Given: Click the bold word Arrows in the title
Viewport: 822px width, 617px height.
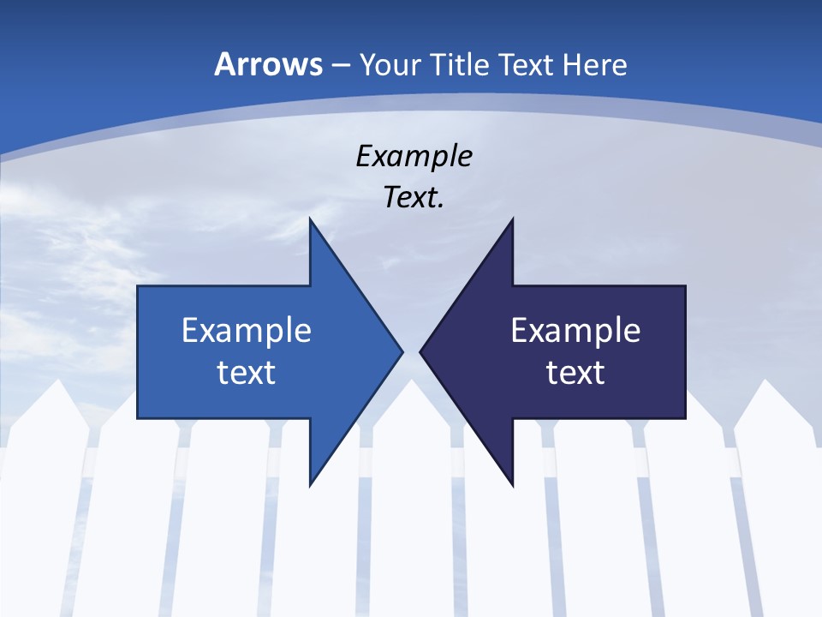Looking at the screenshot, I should [x=268, y=64].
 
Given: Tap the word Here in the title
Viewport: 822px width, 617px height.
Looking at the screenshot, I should [x=598, y=64].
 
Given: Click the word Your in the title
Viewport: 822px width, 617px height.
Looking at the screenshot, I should [x=390, y=64].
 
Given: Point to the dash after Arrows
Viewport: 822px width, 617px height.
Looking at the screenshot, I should [x=340, y=65].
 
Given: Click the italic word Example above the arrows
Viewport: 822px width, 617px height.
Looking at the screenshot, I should [x=414, y=156].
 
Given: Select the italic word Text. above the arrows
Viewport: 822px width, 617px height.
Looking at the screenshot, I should [x=414, y=197].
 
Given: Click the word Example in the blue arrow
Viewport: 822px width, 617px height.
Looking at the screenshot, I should [x=247, y=330].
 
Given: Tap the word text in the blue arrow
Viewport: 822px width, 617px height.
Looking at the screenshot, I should [x=247, y=372].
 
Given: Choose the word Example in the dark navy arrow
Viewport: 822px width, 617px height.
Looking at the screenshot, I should [x=575, y=330].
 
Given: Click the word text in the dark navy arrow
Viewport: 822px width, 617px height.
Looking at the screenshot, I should [x=575, y=372].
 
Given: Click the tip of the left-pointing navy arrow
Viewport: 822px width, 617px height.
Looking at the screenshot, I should [x=420, y=351].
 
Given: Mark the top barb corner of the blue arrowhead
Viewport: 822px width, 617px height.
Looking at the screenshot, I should [x=310, y=219].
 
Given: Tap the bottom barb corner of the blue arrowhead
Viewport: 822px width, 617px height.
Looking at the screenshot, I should [x=310, y=485].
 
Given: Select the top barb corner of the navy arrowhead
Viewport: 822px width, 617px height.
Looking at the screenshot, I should [x=513, y=219].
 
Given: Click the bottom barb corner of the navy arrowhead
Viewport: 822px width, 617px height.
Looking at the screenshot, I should [x=513, y=485].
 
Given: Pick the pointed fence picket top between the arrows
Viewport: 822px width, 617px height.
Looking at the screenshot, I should [x=412, y=382].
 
